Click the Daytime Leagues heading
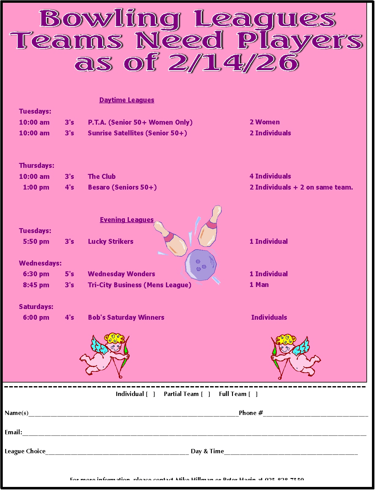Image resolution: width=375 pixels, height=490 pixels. (127, 100)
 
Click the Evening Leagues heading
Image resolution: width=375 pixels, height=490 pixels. (126, 220)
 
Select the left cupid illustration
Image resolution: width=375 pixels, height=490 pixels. (105, 355)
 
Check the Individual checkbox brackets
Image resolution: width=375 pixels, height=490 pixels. (150, 394)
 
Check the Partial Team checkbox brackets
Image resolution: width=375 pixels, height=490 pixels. (205, 394)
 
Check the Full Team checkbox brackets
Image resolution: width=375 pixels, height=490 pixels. (253, 394)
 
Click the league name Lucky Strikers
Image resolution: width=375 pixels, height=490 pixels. (111, 242)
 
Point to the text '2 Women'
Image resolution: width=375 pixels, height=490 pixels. (264, 122)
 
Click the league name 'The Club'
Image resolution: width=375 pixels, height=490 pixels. (102, 177)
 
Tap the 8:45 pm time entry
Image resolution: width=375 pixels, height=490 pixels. (36, 285)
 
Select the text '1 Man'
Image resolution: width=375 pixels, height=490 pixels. (259, 285)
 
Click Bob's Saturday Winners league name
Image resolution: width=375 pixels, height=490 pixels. (126, 318)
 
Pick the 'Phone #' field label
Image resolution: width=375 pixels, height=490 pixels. (251, 413)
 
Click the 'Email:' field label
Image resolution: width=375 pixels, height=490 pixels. (13, 432)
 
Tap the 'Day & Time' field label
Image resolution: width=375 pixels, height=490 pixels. (207, 451)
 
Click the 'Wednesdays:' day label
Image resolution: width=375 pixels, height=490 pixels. (40, 263)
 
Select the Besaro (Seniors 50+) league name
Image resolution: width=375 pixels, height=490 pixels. (122, 187)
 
